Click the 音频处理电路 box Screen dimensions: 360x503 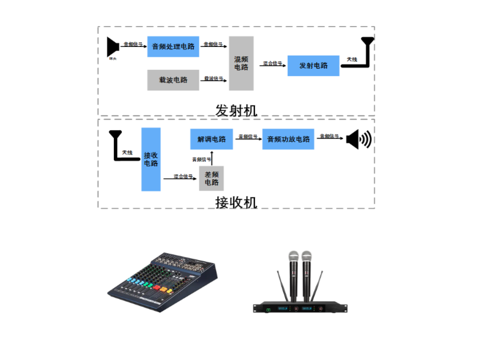coord(173,46)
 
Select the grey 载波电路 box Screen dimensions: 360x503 coord(173,80)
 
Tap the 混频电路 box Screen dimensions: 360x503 coord(241,63)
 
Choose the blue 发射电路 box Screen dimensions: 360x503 coord(313,66)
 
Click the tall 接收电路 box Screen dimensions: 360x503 coord(151,159)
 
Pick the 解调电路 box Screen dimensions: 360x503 coord(211,139)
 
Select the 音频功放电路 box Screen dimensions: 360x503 coord(288,139)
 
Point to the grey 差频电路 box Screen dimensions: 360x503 coord(211,178)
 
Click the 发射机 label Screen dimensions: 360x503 coord(237,110)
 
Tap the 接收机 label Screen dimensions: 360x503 coord(237,202)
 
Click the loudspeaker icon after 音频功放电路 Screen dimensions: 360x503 coord(358,139)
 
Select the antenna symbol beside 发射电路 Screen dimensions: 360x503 coord(368,51)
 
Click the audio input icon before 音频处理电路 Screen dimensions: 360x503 coord(113,47)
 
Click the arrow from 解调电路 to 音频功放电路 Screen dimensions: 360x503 coord(247,139)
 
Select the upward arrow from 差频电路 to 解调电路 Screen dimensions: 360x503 coord(211,158)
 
